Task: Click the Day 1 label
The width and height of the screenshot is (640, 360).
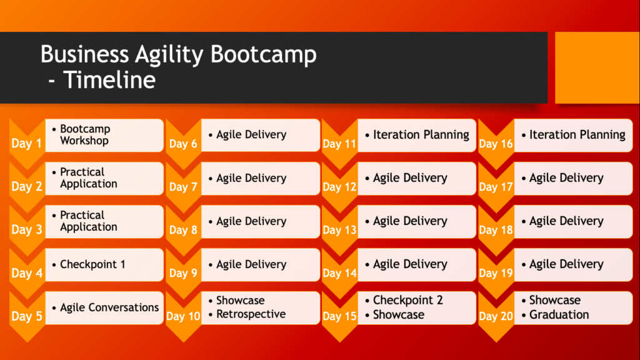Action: point(26,143)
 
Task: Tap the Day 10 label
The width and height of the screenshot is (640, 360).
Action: point(183,316)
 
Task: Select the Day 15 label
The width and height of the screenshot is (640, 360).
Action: point(339,316)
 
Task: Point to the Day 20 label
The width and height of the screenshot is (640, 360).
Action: point(496,316)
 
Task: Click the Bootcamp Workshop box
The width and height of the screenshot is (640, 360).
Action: point(104,135)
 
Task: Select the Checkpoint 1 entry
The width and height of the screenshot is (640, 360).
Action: point(92,264)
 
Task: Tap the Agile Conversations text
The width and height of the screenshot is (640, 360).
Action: point(109,307)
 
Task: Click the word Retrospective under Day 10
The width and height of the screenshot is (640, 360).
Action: point(251,314)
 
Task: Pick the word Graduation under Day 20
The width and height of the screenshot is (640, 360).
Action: point(559,315)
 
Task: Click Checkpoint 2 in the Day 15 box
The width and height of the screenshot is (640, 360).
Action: point(407,300)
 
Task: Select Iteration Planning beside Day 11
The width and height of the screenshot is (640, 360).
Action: point(421,135)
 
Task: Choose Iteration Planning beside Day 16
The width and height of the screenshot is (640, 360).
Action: point(577,135)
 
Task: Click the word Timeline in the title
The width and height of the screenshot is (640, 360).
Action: point(109,79)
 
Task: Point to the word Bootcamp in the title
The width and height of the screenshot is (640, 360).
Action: point(263,54)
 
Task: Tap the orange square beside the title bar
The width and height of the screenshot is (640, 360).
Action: point(597,67)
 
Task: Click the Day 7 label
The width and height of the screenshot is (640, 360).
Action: point(183,186)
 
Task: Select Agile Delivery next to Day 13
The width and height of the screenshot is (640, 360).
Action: point(410,221)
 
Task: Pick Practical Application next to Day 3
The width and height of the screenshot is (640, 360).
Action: point(89,221)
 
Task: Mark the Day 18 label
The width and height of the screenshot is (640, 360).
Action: point(496,230)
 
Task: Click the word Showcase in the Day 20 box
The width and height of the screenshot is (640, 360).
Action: point(555,300)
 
